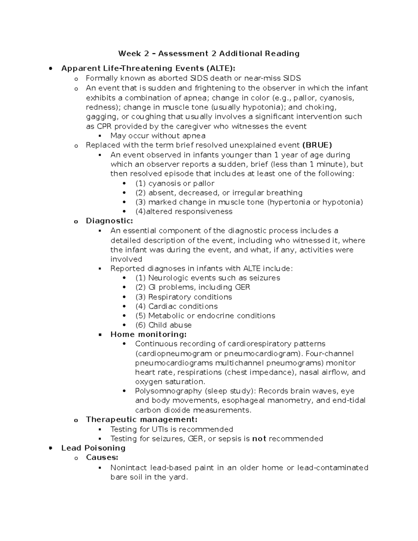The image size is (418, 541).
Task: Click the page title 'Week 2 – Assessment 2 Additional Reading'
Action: [209, 53]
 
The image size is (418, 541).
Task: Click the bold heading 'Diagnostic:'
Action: [109, 221]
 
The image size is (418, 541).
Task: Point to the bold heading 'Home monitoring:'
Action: [148, 334]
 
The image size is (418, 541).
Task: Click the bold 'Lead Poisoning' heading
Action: [93, 448]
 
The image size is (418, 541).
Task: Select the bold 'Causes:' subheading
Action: [102, 457]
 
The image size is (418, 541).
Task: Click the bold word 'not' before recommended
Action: [259, 439]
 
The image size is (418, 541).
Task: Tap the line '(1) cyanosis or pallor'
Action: [175, 183]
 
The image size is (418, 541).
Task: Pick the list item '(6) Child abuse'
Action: [163, 325]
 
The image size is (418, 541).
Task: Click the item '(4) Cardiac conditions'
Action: [176, 306]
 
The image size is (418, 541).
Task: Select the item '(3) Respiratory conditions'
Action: [183, 297]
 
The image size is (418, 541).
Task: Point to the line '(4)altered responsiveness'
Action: [184, 211]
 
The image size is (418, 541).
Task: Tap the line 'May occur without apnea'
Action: [158, 136]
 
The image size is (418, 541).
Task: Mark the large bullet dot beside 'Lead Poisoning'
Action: [51, 448]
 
